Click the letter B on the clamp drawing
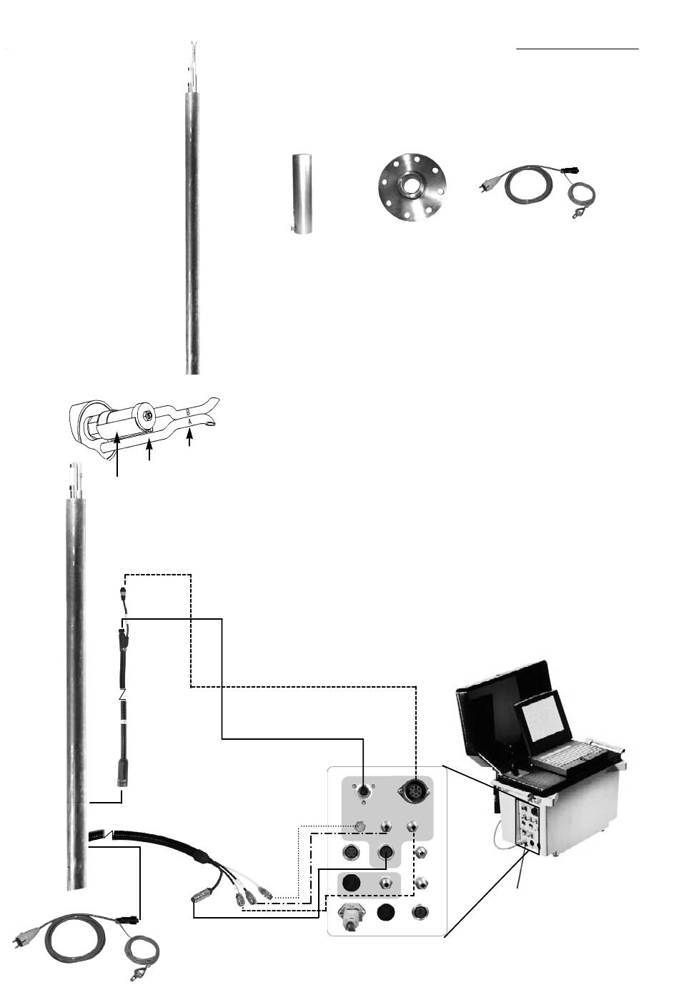(188, 412)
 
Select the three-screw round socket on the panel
(365, 791)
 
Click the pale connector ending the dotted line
(360, 828)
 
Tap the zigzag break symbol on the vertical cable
(122, 693)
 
